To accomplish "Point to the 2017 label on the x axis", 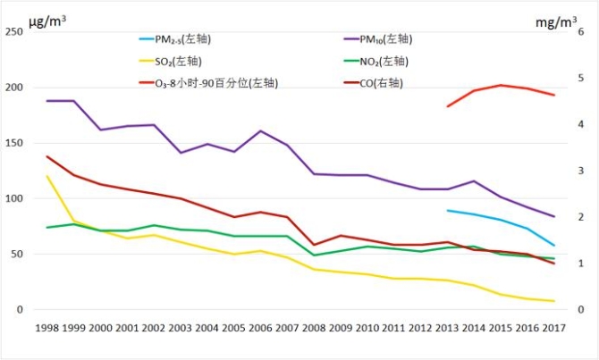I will (x=554, y=330).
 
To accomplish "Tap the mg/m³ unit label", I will (x=556, y=19).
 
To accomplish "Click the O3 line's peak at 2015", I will (x=502, y=85).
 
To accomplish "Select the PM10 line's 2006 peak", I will (x=260, y=131).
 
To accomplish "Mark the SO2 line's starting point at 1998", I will (x=46, y=176).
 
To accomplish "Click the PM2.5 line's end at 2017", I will (x=554, y=246).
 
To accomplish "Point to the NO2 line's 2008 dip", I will (x=314, y=255).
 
